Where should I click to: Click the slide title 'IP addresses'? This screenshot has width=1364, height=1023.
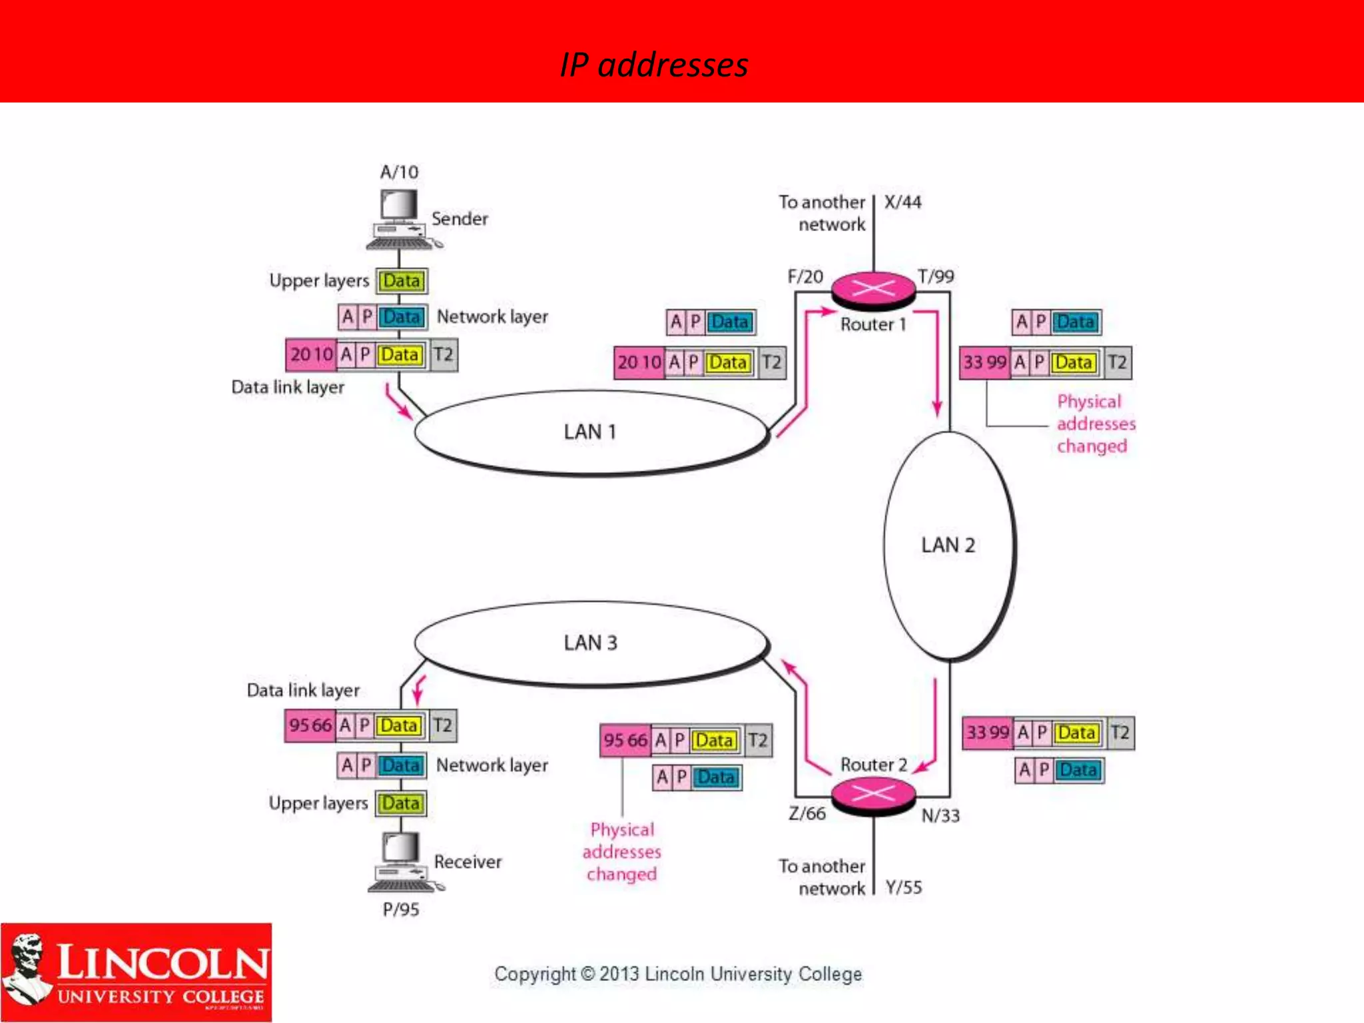654,65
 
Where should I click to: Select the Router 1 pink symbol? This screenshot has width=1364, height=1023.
873,290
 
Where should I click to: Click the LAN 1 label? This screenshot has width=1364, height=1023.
590,432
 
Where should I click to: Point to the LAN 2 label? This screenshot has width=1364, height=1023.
948,545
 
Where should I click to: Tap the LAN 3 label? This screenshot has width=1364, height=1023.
590,643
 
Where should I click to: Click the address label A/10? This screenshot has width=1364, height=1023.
399,172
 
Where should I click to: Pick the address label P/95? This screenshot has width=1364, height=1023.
401,910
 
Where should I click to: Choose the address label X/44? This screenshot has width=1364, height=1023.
903,202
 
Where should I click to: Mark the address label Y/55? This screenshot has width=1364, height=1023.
904,888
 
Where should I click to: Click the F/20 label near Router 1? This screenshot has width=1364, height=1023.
805,277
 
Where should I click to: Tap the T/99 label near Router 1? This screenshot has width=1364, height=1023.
936,276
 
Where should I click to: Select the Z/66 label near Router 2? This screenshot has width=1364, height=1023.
807,814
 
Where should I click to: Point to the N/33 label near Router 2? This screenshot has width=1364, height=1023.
940,816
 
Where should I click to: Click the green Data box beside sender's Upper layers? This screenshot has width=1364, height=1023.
402,281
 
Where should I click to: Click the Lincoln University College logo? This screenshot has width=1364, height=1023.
137,972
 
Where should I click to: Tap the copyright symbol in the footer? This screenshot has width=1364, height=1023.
587,974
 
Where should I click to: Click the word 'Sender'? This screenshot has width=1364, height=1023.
460,219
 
